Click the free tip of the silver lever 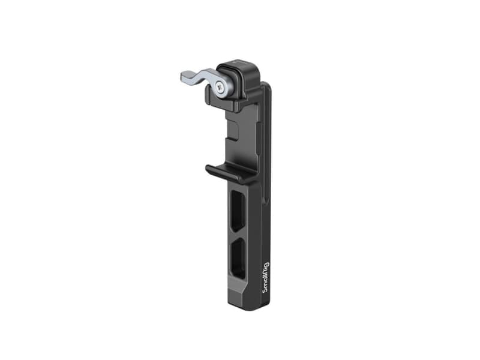[x=184, y=77]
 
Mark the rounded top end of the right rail [x=266, y=87]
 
